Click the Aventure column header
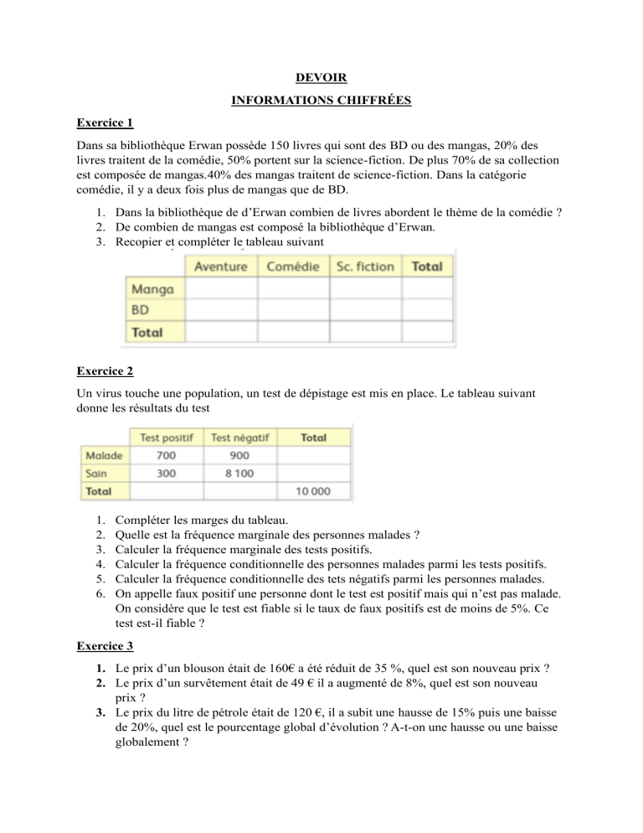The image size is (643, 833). (x=221, y=266)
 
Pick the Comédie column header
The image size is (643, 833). (x=293, y=266)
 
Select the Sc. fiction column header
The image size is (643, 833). (x=364, y=266)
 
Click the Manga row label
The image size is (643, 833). (x=152, y=289)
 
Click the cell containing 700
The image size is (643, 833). (x=166, y=455)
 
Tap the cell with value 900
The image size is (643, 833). (x=239, y=455)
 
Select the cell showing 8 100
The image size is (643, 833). (x=239, y=473)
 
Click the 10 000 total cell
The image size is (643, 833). (x=315, y=490)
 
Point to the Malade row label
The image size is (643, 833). (x=104, y=455)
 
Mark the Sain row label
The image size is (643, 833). (x=96, y=473)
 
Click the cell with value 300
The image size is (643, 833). (x=166, y=473)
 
